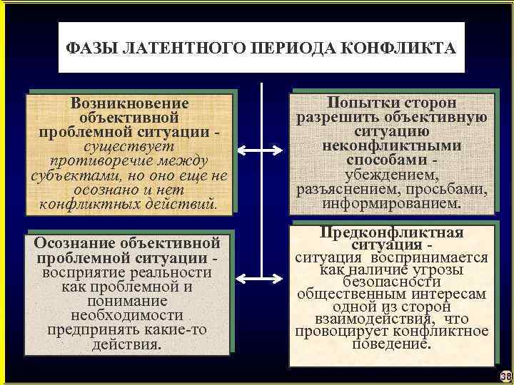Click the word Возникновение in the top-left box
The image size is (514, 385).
(x=130, y=103)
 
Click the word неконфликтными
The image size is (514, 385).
(x=389, y=146)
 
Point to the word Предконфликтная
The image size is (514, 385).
(x=391, y=232)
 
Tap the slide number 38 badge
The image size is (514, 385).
(x=505, y=376)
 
